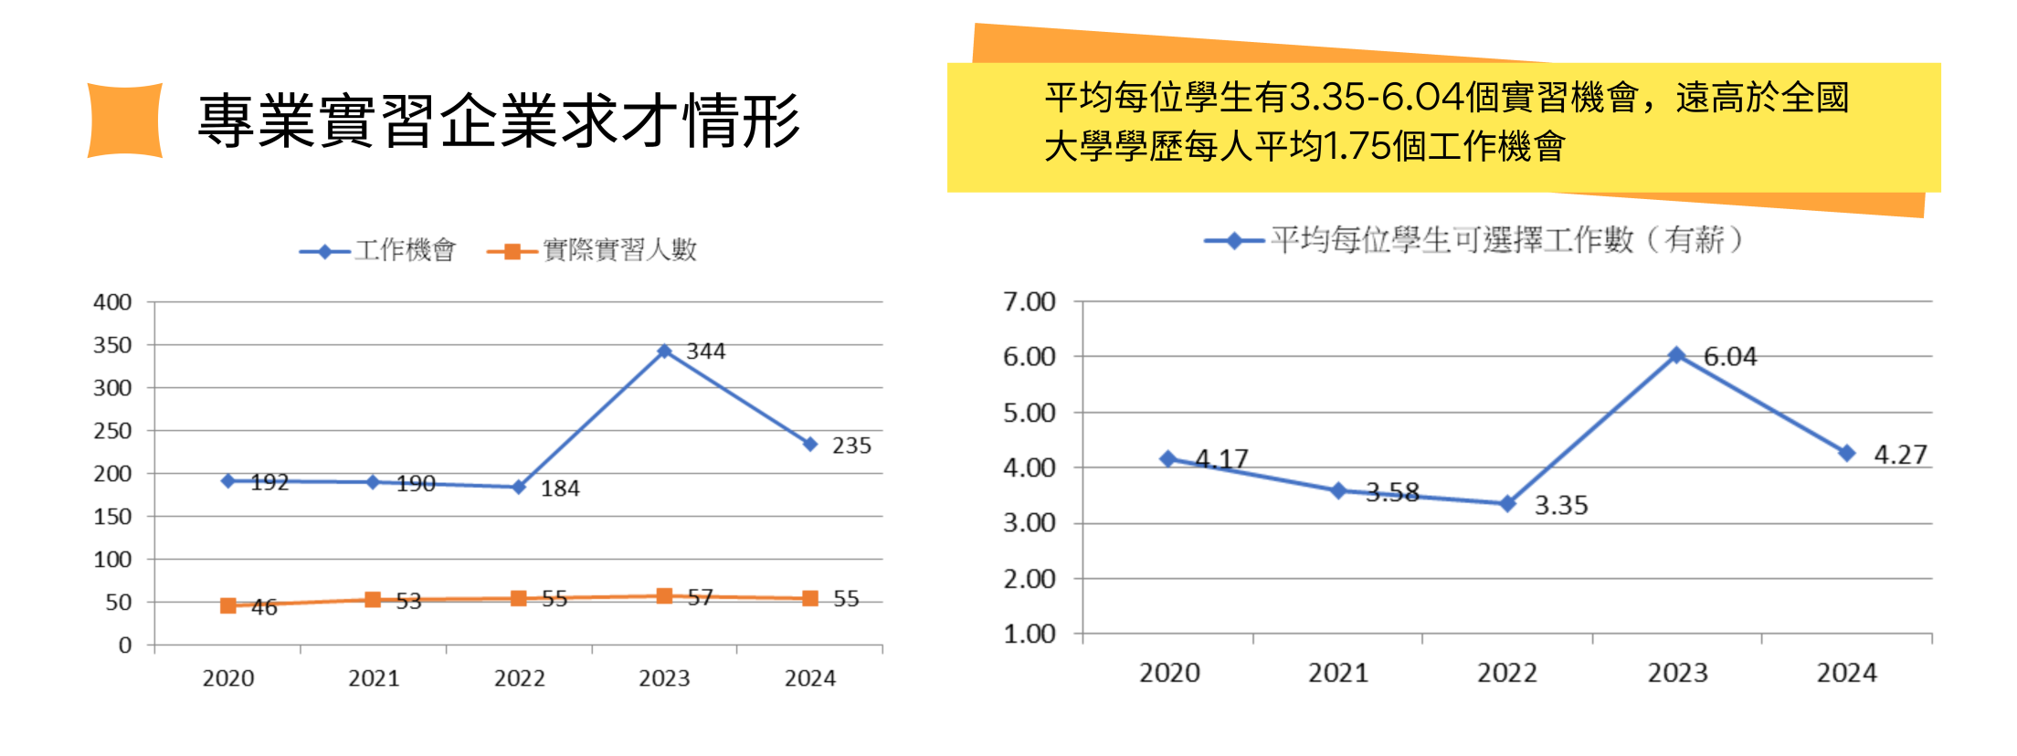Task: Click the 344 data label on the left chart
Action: [706, 352]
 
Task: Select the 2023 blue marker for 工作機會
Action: [665, 352]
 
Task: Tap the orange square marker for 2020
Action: [228, 605]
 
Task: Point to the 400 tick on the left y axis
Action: [112, 302]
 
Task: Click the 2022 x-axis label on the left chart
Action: [519, 678]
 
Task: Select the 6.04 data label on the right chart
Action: [1730, 357]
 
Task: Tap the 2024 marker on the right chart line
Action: [1846, 453]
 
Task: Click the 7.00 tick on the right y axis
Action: [1030, 302]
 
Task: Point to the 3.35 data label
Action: [1561, 506]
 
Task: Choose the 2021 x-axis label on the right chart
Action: [1338, 673]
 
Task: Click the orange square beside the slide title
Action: [125, 121]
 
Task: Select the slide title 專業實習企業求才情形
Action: [499, 121]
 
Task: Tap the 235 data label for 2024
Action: [851, 446]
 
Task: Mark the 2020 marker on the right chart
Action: [1168, 458]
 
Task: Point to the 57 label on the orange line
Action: [700, 597]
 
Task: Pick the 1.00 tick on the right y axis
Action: [1030, 634]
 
